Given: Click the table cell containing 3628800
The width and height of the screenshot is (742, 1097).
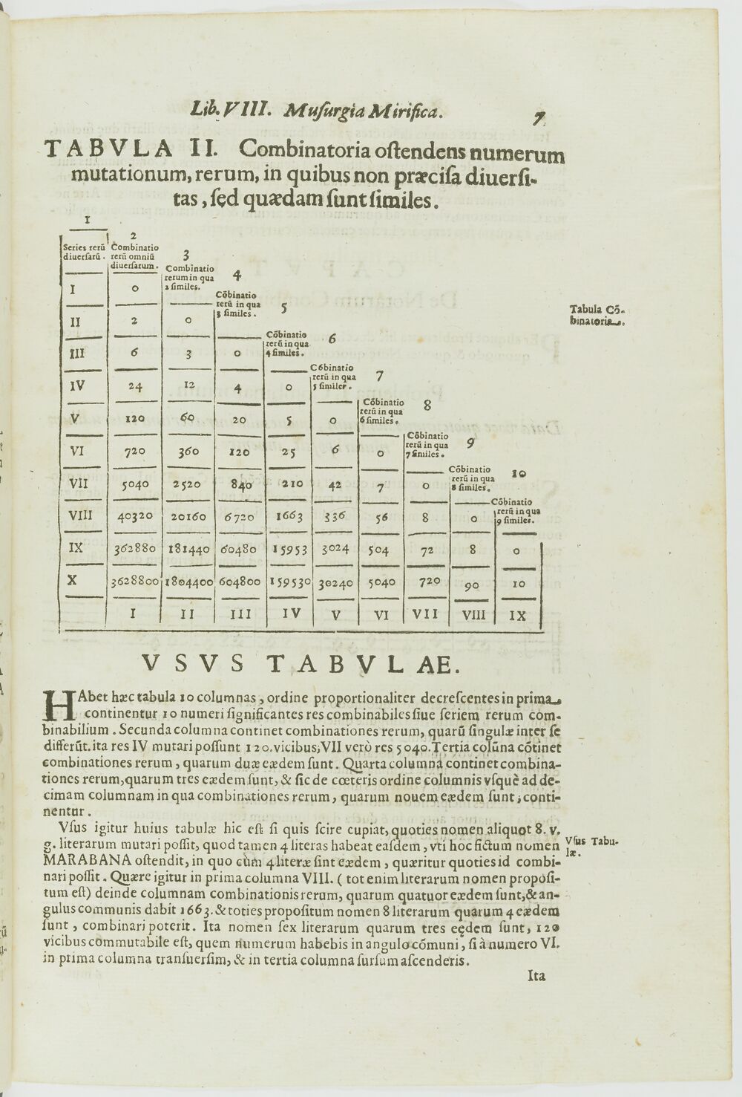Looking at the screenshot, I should pos(134,582).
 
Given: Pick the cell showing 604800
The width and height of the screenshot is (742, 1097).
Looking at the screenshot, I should pos(239,583).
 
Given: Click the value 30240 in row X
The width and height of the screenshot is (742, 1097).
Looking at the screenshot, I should pos(335,583).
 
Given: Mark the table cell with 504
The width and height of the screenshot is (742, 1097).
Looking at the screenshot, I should pos(381,550).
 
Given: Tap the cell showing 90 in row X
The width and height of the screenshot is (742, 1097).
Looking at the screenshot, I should pos(472,585).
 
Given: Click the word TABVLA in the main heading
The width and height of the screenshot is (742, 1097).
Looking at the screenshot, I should pos(109,149).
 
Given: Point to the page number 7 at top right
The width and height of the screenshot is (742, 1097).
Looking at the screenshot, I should pos(539,117).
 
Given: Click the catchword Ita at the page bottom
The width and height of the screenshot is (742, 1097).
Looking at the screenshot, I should pos(536,975).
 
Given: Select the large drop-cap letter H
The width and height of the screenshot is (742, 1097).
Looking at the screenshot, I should pos(59,704).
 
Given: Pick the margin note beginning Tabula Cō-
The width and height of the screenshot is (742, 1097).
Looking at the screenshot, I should pos(598,316).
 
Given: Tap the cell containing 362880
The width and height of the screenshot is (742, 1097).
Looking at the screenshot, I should pos(134,550).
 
